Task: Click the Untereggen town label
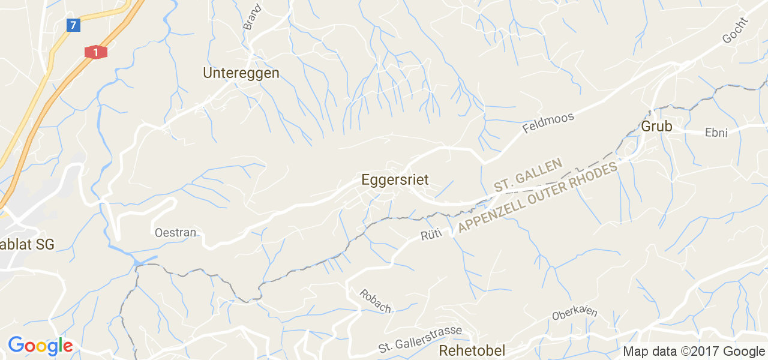coord(241,73)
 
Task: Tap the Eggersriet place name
coord(395,179)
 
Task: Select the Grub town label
coord(656,127)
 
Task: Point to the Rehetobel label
coord(472,350)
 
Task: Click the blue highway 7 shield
coord(73,25)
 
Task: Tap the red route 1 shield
coord(95,52)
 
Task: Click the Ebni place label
coord(716,133)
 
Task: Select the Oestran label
coord(176,232)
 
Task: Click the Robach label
coord(376,301)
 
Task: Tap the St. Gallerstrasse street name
coord(420,340)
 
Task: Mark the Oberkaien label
coord(575,314)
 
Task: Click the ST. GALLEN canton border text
coord(528,175)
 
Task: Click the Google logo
coord(40,346)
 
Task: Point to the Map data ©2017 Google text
coord(694,351)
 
